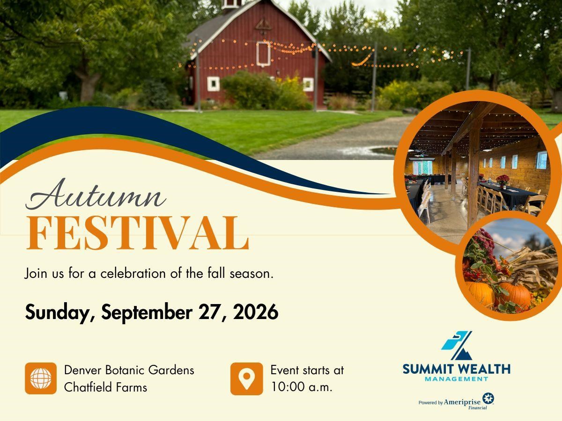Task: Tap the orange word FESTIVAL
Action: [x=138, y=233]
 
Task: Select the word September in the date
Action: [x=147, y=312]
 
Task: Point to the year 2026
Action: [x=256, y=312]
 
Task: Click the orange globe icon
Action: [x=41, y=378]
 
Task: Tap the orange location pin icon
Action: [x=246, y=378]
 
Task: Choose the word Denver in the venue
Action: [x=83, y=370]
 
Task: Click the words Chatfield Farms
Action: [x=105, y=387]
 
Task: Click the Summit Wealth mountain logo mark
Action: [x=457, y=346]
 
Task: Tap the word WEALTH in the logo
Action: [x=484, y=370]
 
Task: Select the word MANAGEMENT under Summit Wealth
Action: [x=456, y=379]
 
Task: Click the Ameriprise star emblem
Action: [x=488, y=399]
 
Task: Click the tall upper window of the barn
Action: [x=264, y=54]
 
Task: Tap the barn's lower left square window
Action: [x=213, y=84]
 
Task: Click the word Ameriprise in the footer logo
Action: [x=462, y=402]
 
